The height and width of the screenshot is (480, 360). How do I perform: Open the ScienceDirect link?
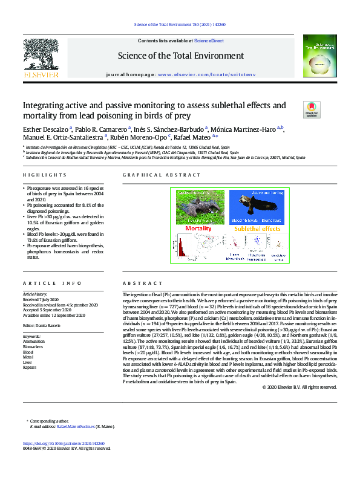(209, 41)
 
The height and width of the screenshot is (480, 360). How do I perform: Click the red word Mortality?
(198, 229)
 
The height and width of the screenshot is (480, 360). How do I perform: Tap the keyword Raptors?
(30, 366)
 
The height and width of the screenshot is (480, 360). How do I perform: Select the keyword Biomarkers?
(33, 346)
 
